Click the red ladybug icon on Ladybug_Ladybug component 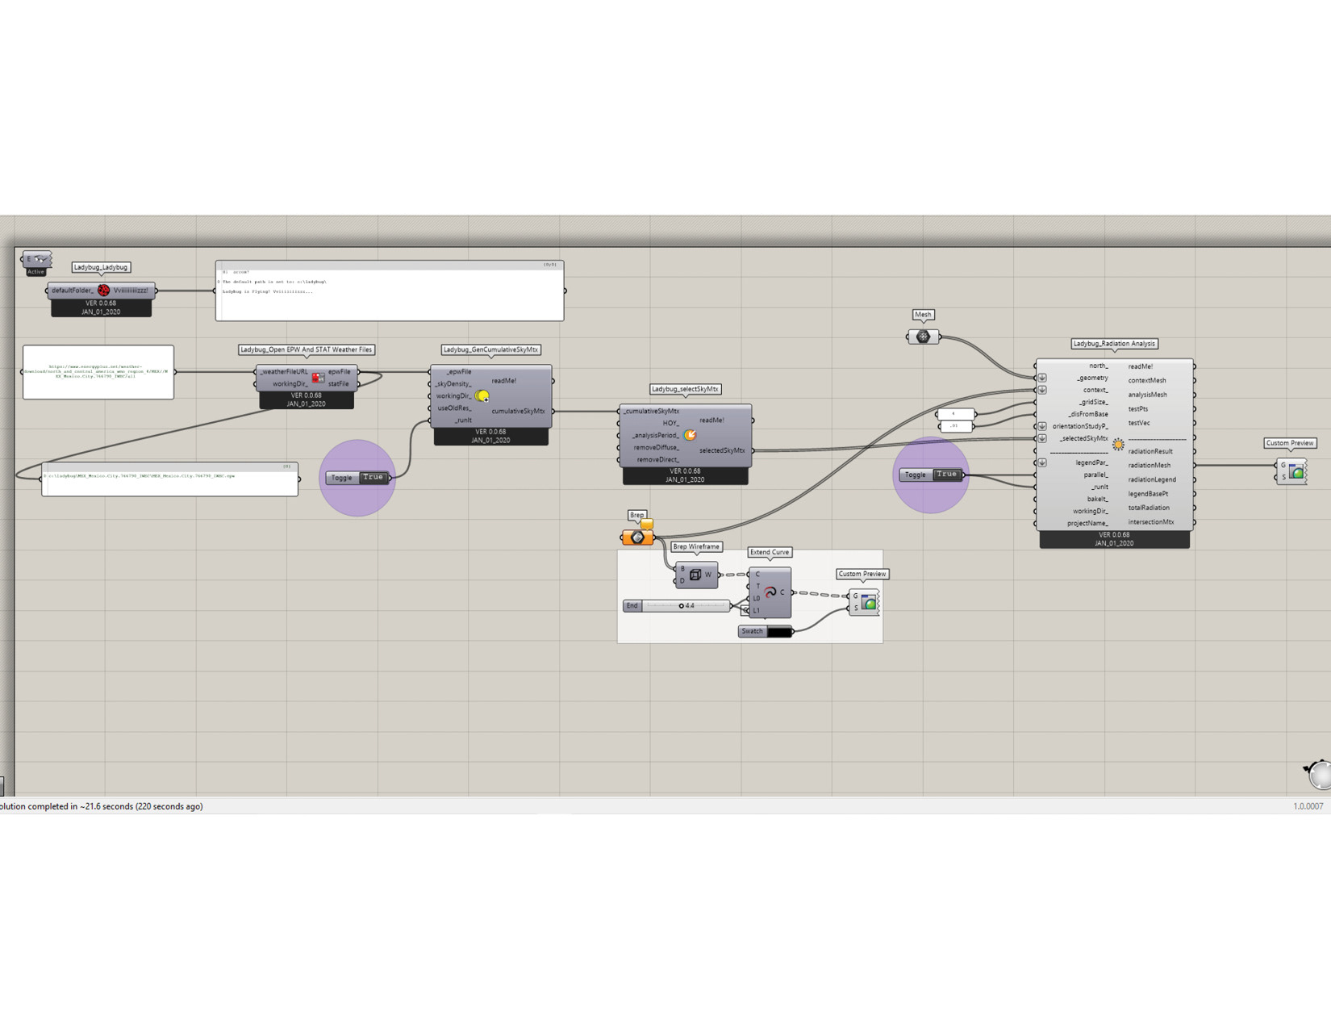tap(103, 291)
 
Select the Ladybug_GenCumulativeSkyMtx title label tap(490, 349)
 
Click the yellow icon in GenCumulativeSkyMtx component tap(482, 396)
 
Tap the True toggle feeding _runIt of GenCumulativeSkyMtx tap(373, 477)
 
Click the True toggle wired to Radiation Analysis tap(947, 475)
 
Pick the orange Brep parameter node tap(637, 538)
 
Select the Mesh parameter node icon tap(923, 337)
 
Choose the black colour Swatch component tap(778, 631)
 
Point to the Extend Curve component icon tap(770, 592)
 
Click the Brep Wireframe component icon tap(695, 575)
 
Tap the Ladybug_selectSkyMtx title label tap(685, 389)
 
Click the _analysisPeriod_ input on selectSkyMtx tap(655, 436)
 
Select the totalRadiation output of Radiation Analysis tap(1149, 508)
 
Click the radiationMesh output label tap(1149, 465)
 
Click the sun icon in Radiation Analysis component tap(1118, 445)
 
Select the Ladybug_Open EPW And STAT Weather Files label tap(306, 349)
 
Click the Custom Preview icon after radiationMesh tap(1296, 471)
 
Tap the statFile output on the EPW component tap(338, 384)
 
